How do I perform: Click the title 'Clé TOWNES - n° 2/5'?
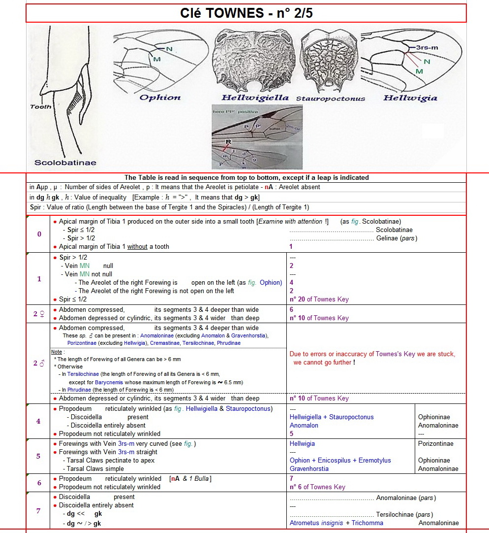246,13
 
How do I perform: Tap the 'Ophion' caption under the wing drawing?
160,98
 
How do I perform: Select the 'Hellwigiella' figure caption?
255,98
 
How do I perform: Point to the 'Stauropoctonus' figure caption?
331,99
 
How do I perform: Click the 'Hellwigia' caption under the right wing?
410,98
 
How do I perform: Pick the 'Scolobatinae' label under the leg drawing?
65,163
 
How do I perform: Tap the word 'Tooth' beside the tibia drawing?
40,107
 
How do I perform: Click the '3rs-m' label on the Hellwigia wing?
427,47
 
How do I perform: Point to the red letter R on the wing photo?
229,141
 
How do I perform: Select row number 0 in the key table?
39,234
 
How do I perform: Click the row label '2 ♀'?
39,314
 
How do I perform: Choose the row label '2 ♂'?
39,363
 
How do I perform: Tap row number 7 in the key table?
38,510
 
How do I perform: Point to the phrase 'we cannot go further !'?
323,362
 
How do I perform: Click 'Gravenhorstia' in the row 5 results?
309,468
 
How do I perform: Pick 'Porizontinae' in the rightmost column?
436,443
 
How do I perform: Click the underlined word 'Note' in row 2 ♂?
57,352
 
